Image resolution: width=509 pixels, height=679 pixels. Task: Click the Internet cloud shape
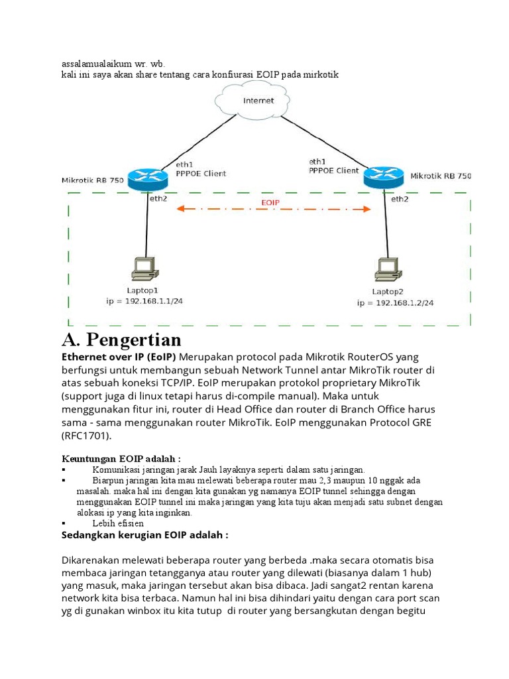[258, 102]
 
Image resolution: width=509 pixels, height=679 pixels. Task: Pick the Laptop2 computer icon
[386, 268]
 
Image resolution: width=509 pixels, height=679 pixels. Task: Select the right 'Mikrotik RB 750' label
[441, 176]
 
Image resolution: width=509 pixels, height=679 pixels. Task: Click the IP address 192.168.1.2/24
[395, 303]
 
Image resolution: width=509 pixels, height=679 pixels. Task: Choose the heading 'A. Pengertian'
[121, 340]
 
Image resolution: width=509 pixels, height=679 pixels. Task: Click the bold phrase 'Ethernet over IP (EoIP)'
[119, 357]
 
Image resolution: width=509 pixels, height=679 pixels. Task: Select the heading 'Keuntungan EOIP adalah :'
[121, 459]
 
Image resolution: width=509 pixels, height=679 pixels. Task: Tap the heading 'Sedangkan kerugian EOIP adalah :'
[145, 535]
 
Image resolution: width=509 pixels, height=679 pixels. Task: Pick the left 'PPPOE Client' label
[201, 174]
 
